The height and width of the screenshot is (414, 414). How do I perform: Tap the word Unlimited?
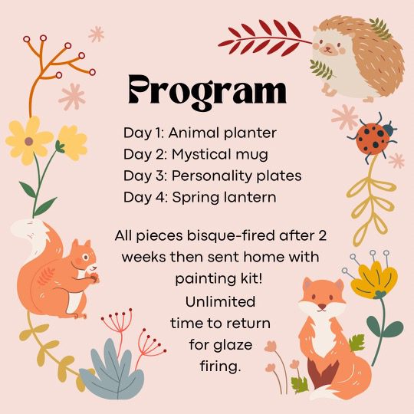click(220, 301)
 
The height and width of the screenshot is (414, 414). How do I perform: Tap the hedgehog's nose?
click(327, 48)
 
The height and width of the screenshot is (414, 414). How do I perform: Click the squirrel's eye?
click(85, 257)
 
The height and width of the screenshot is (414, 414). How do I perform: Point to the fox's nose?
click(322, 306)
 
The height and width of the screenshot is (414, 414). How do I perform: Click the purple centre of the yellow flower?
click(29, 141)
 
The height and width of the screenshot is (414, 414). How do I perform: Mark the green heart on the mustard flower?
click(380, 294)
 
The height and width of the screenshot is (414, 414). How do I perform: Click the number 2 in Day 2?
click(162, 154)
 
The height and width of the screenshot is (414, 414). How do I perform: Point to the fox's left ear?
click(307, 284)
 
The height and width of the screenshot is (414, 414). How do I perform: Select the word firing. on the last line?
click(221, 366)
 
